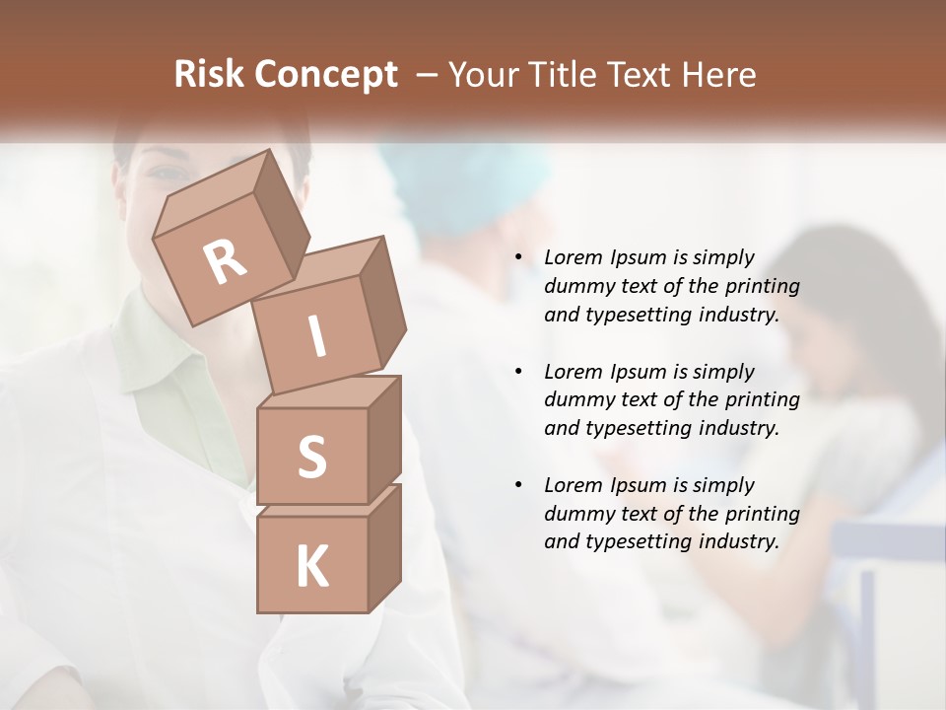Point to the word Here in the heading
pyautogui.click(x=718, y=75)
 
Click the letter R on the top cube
pyautogui.click(x=225, y=262)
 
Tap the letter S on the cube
pyautogui.click(x=311, y=458)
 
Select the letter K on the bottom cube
pyautogui.click(x=311, y=567)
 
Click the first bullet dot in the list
pyautogui.click(x=517, y=258)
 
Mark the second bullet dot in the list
pyautogui.click(x=517, y=372)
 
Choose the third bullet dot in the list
pyautogui.click(x=517, y=485)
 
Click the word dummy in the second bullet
pyautogui.click(x=574, y=400)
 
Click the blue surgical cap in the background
pyautogui.click(x=473, y=177)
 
